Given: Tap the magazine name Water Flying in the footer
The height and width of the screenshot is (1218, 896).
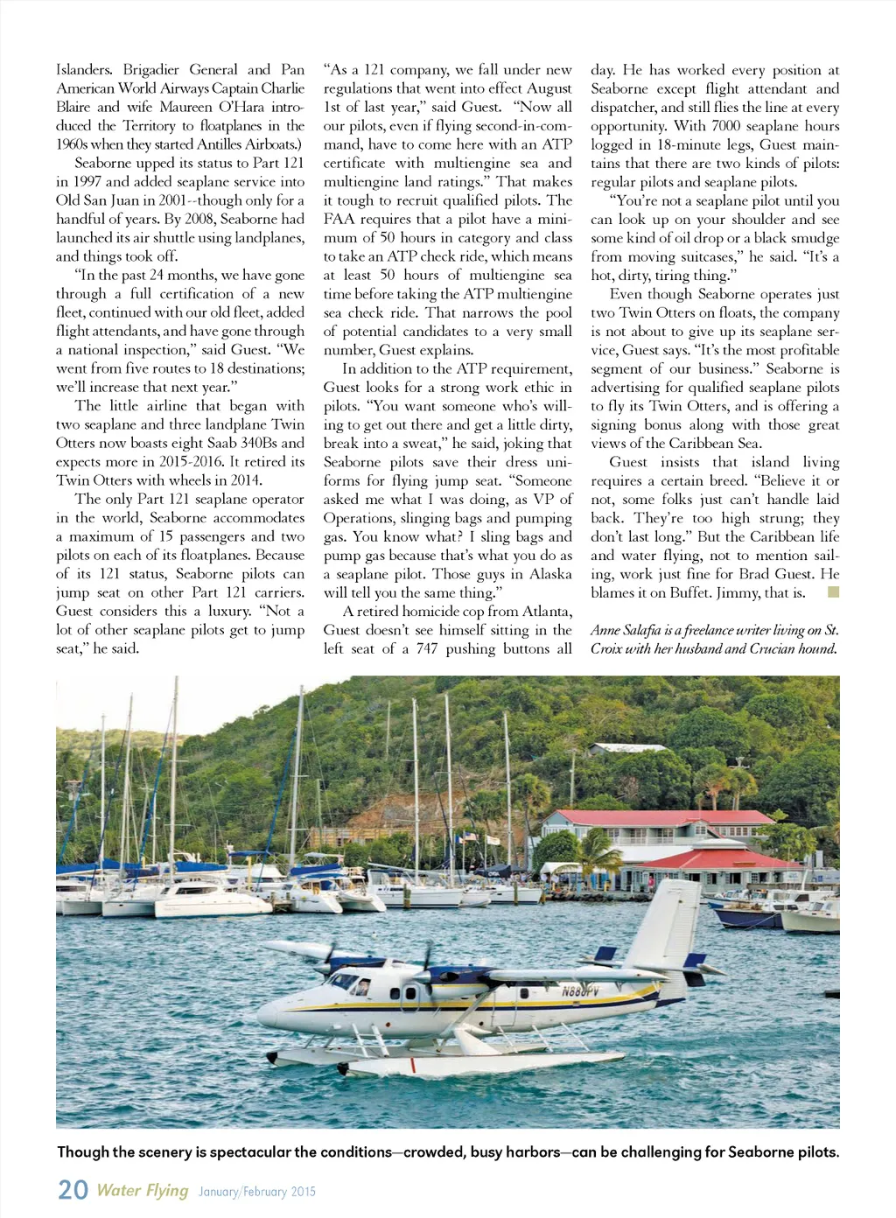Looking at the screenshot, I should [142, 1190].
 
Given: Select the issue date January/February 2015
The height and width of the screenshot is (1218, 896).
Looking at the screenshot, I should [256, 1192].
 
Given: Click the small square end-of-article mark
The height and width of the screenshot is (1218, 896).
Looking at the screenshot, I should [832, 592].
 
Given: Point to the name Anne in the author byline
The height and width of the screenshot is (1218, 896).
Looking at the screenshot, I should [605, 630].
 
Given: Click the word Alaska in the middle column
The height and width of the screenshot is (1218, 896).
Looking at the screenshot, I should [551, 574].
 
